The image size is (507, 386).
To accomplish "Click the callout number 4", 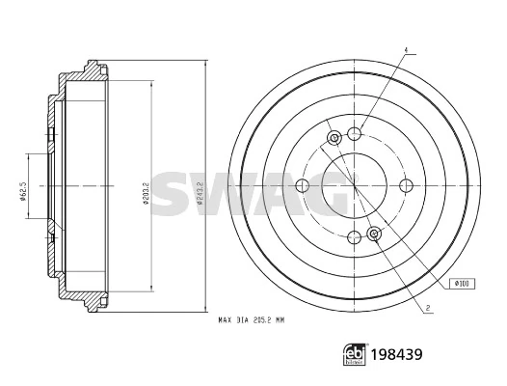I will (407, 50).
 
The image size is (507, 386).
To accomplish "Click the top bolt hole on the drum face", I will (355, 133).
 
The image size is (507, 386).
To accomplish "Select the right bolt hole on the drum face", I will (407, 185).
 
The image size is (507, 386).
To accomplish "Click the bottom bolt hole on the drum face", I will (355, 237).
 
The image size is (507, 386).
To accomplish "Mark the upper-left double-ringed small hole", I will (334, 139).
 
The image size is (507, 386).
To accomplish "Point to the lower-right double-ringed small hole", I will (375, 232).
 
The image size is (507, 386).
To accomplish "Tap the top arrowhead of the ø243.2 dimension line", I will (205, 61).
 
